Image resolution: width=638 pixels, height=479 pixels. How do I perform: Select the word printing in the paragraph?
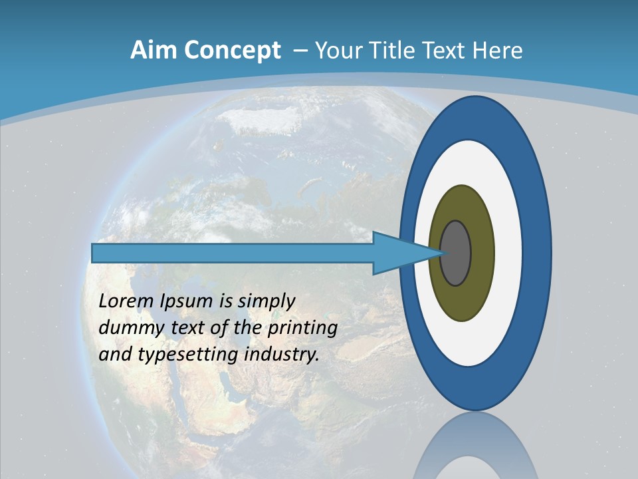coord(302,329)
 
